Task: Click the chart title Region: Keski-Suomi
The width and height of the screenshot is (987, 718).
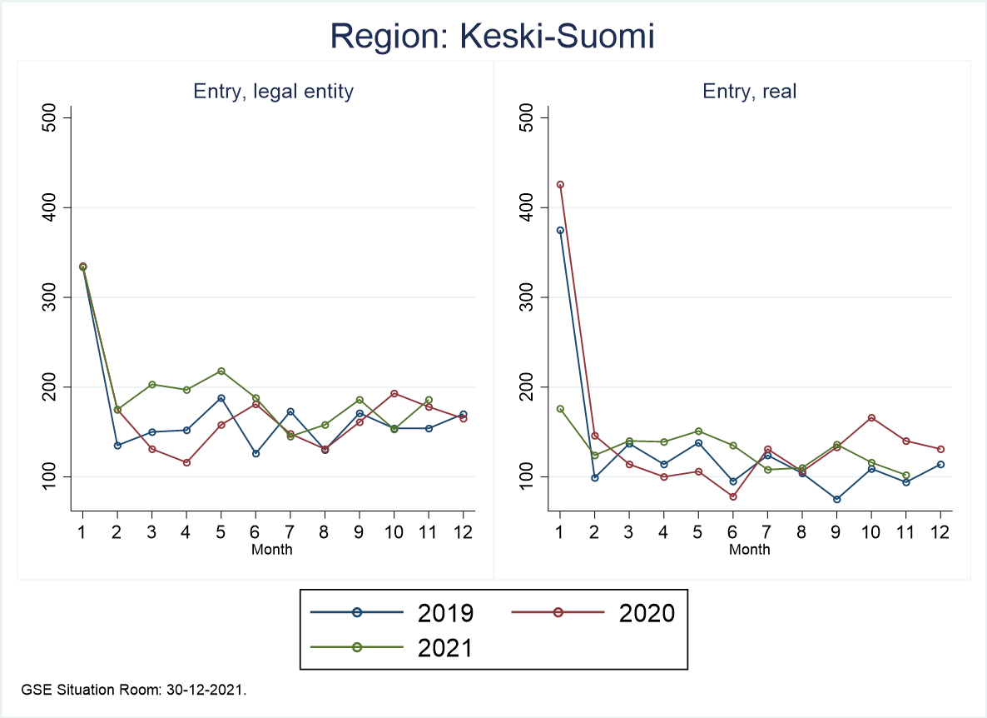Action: pos(493,36)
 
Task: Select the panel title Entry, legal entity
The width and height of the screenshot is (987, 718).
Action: pos(273,91)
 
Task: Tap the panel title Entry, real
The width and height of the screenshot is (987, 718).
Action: pos(750,91)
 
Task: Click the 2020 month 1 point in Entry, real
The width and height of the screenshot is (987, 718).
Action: pos(560,185)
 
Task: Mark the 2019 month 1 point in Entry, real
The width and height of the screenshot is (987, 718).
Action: pos(560,231)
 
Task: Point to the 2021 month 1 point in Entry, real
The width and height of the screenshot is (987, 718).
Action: pos(560,409)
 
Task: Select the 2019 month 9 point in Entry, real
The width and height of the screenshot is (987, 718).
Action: pos(836,499)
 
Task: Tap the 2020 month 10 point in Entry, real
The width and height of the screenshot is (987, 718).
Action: pos(871,417)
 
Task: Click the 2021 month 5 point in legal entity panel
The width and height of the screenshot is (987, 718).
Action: pos(221,371)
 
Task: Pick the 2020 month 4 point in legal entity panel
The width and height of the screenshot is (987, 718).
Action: pos(186,462)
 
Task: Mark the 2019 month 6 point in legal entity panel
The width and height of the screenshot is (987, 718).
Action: pos(255,453)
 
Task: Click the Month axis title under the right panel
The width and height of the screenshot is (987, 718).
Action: pos(750,550)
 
